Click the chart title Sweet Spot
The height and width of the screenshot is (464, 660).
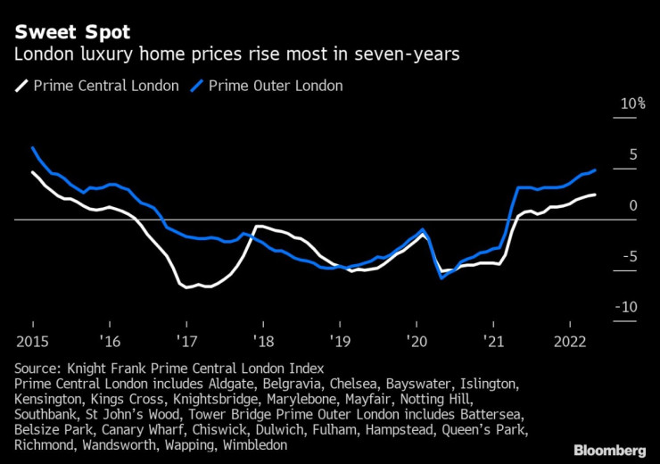coord(71,32)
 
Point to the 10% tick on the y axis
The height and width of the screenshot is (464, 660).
coord(632,104)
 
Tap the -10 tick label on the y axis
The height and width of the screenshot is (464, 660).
coord(629,307)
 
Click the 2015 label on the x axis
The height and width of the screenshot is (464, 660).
coord(32,341)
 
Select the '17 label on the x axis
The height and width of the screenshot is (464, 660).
coord(186,341)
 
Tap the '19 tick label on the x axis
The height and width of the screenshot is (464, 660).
coord(340,341)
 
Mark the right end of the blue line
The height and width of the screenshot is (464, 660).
coord(595,170)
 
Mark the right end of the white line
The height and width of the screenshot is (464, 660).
coord(595,195)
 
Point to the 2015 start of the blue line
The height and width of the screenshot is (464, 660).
coord(32,147)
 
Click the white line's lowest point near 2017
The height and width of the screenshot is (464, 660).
coord(186,287)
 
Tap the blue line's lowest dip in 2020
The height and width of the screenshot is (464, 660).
coord(441,278)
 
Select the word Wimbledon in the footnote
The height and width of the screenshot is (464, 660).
coord(259,443)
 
